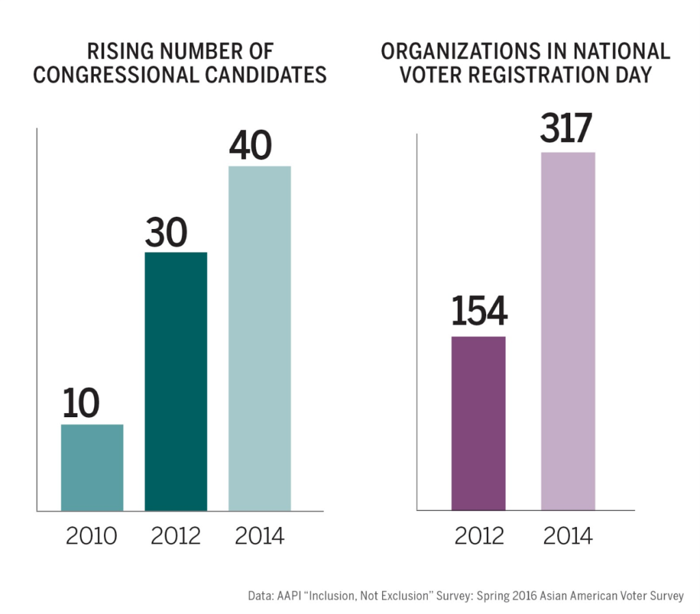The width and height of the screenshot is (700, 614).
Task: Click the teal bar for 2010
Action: [92, 467]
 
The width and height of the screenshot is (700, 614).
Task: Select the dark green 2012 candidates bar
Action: [176, 381]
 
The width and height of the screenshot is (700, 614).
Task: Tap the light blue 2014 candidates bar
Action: [260, 338]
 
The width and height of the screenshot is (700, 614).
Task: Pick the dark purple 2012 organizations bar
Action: [479, 423]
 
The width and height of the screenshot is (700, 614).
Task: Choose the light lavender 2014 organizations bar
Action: [568, 331]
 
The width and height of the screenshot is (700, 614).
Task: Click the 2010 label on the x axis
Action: [92, 535]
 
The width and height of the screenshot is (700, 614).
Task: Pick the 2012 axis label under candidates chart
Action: [176, 535]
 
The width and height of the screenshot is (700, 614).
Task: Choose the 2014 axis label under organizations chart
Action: [568, 535]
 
